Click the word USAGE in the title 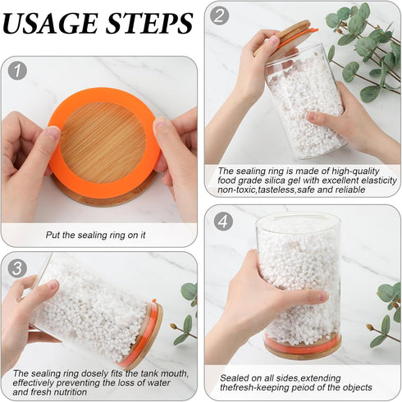coord(50,23)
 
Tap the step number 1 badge coord(17,71)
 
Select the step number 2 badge coord(219,16)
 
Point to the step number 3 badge coord(17,268)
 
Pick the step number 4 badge coord(223,222)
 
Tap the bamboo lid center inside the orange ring coord(103,143)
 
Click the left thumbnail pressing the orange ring coord(53,133)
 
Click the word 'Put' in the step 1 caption coord(53,235)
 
